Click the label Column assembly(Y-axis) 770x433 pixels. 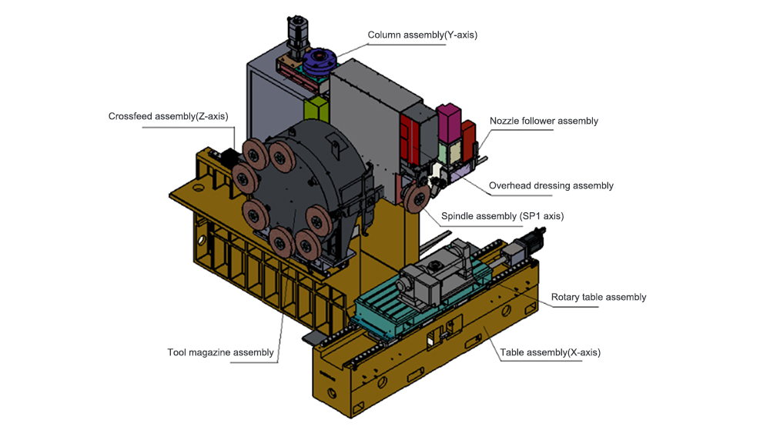point(417,35)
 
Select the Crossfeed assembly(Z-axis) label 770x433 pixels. point(168,116)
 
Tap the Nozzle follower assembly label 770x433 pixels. point(544,121)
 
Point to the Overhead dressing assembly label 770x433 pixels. point(551,185)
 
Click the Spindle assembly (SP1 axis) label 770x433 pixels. point(502,216)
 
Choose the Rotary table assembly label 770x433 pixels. point(598,297)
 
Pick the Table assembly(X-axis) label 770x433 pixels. point(550,353)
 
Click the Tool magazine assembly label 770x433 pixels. point(220,353)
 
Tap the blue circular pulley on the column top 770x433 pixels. point(318,60)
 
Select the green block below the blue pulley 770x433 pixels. point(316,108)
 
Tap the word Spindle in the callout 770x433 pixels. point(458,216)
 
